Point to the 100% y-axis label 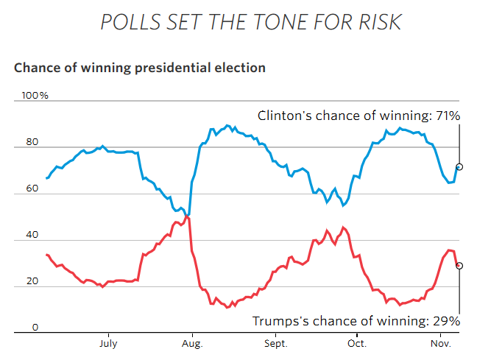coord(35,96)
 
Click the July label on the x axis coord(107,343)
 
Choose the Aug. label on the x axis coord(192,343)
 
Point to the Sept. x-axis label coord(276,343)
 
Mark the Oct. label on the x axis coord(357,343)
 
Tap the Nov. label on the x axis coord(440,343)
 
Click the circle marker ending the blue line coord(459,167)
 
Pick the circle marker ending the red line coord(459,266)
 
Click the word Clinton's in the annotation coord(282,116)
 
